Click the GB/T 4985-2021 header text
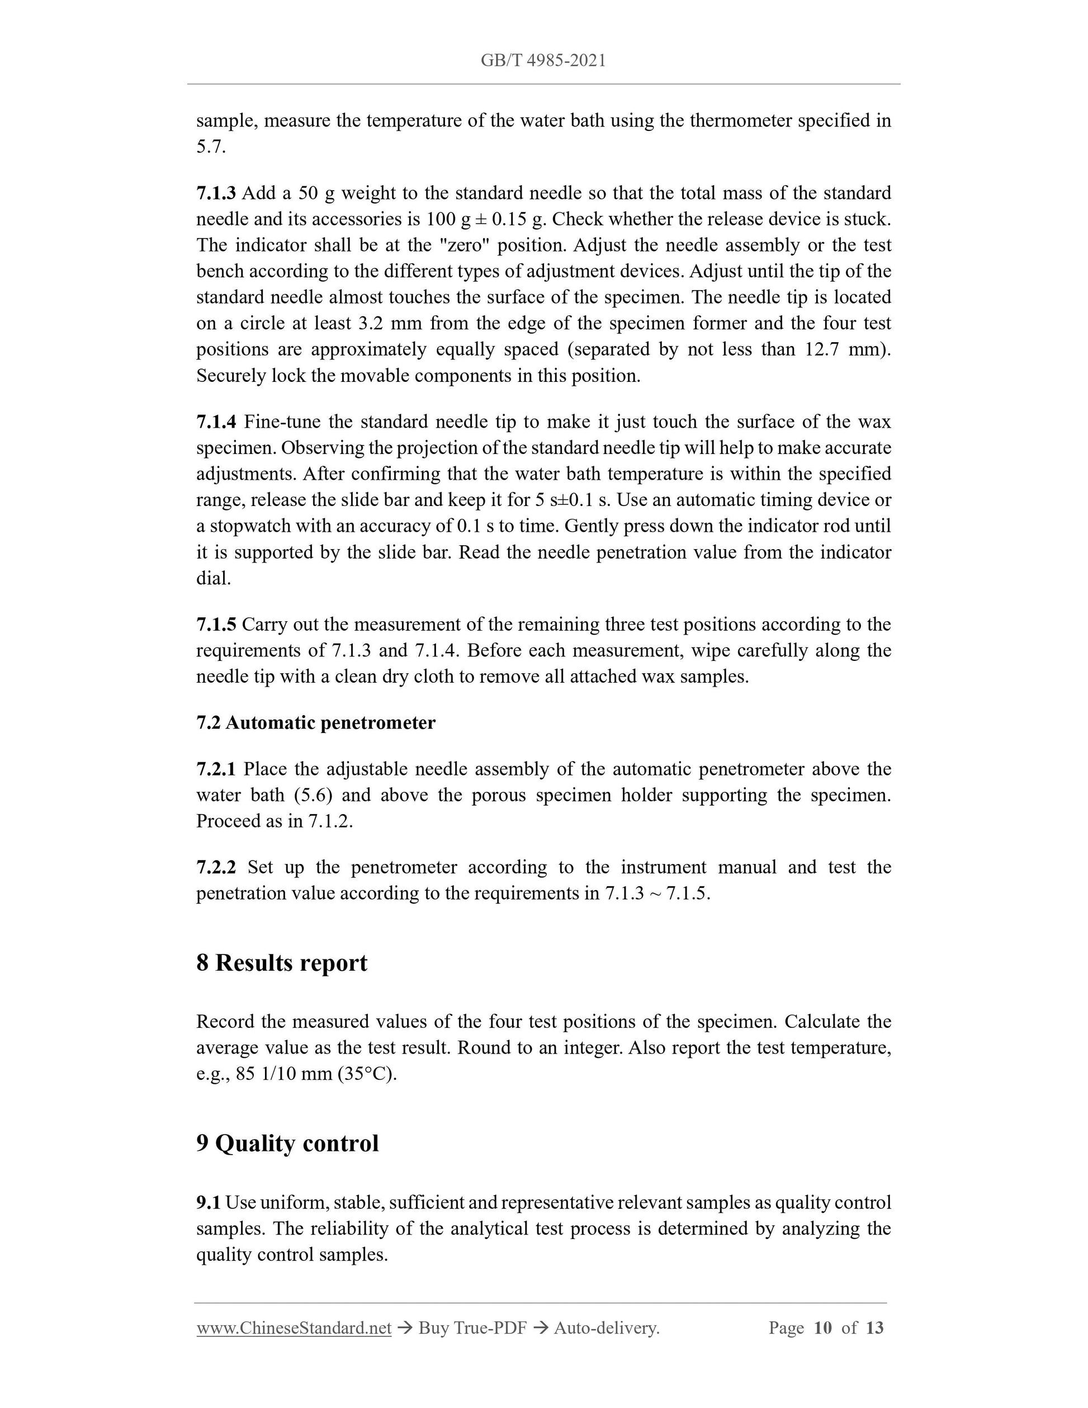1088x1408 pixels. pyautogui.click(x=543, y=60)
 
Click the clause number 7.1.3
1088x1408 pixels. pyautogui.click(x=216, y=193)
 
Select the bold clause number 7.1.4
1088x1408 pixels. pyautogui.click(x=216, y=422)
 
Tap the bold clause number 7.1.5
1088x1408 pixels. pyautogui.click(x=216, y=624)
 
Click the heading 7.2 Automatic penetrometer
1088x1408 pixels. pyautogui.click(x=316, y=722)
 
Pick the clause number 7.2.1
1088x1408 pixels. pyautogui.click(x=216, y=769)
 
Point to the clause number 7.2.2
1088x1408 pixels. pyautogui.click(x=216, y=867)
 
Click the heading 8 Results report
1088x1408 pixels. pyautogui.click(x=282, y=962)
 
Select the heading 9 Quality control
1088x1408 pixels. pyautogui.click(x=287, y=1143)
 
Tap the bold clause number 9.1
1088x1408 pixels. pyautogui.click(x=208, y=1202)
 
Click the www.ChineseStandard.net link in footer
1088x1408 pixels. pyautogui.click(x=294, y=1327)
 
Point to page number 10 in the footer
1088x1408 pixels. pyautogui.click(x=822, y=1327)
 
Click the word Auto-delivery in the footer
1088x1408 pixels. pyautogui.click(x=606, y=1327)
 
